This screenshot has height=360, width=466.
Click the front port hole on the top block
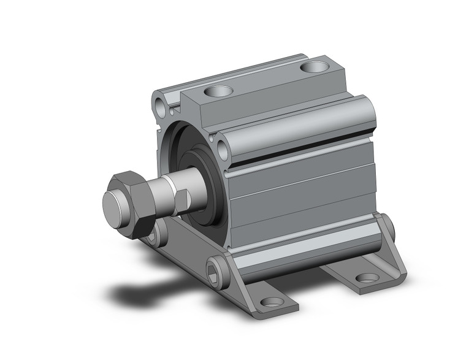(219, 92)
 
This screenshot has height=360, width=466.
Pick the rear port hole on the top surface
(316, 66)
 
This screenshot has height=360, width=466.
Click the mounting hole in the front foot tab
(272, 302)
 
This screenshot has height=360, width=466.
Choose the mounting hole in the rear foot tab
(367, 277)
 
